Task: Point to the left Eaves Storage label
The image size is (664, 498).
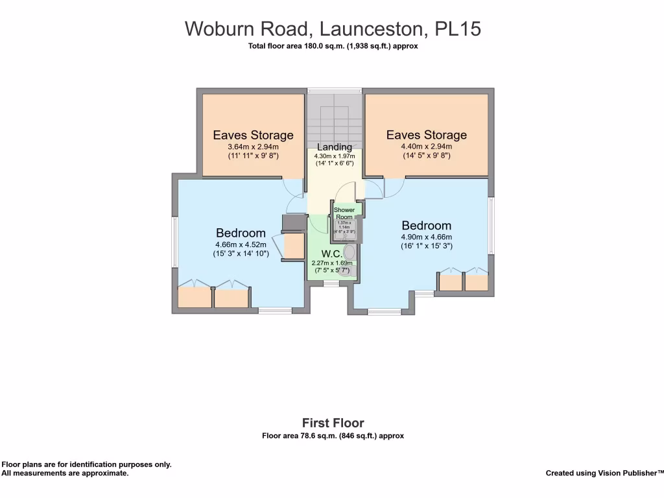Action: [253, 136]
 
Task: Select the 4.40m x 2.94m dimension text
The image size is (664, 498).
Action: [426, 147]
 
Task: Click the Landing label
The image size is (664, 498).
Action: [334, 147]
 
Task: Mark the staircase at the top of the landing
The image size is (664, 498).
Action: [334, 117]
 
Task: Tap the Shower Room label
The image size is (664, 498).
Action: [344, 213]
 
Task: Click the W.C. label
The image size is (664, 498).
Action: [332, 254]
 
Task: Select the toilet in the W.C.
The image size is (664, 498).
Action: [350, 252]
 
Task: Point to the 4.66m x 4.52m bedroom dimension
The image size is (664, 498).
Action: [241, 244]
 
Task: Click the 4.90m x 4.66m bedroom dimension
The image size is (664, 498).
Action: [426, 237]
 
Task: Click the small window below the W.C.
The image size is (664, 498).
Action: [331, 283]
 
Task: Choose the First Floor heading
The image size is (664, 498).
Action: [333, 423]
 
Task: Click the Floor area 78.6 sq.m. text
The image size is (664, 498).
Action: [333, 436]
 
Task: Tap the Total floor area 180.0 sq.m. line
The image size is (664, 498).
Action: [333, 46]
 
